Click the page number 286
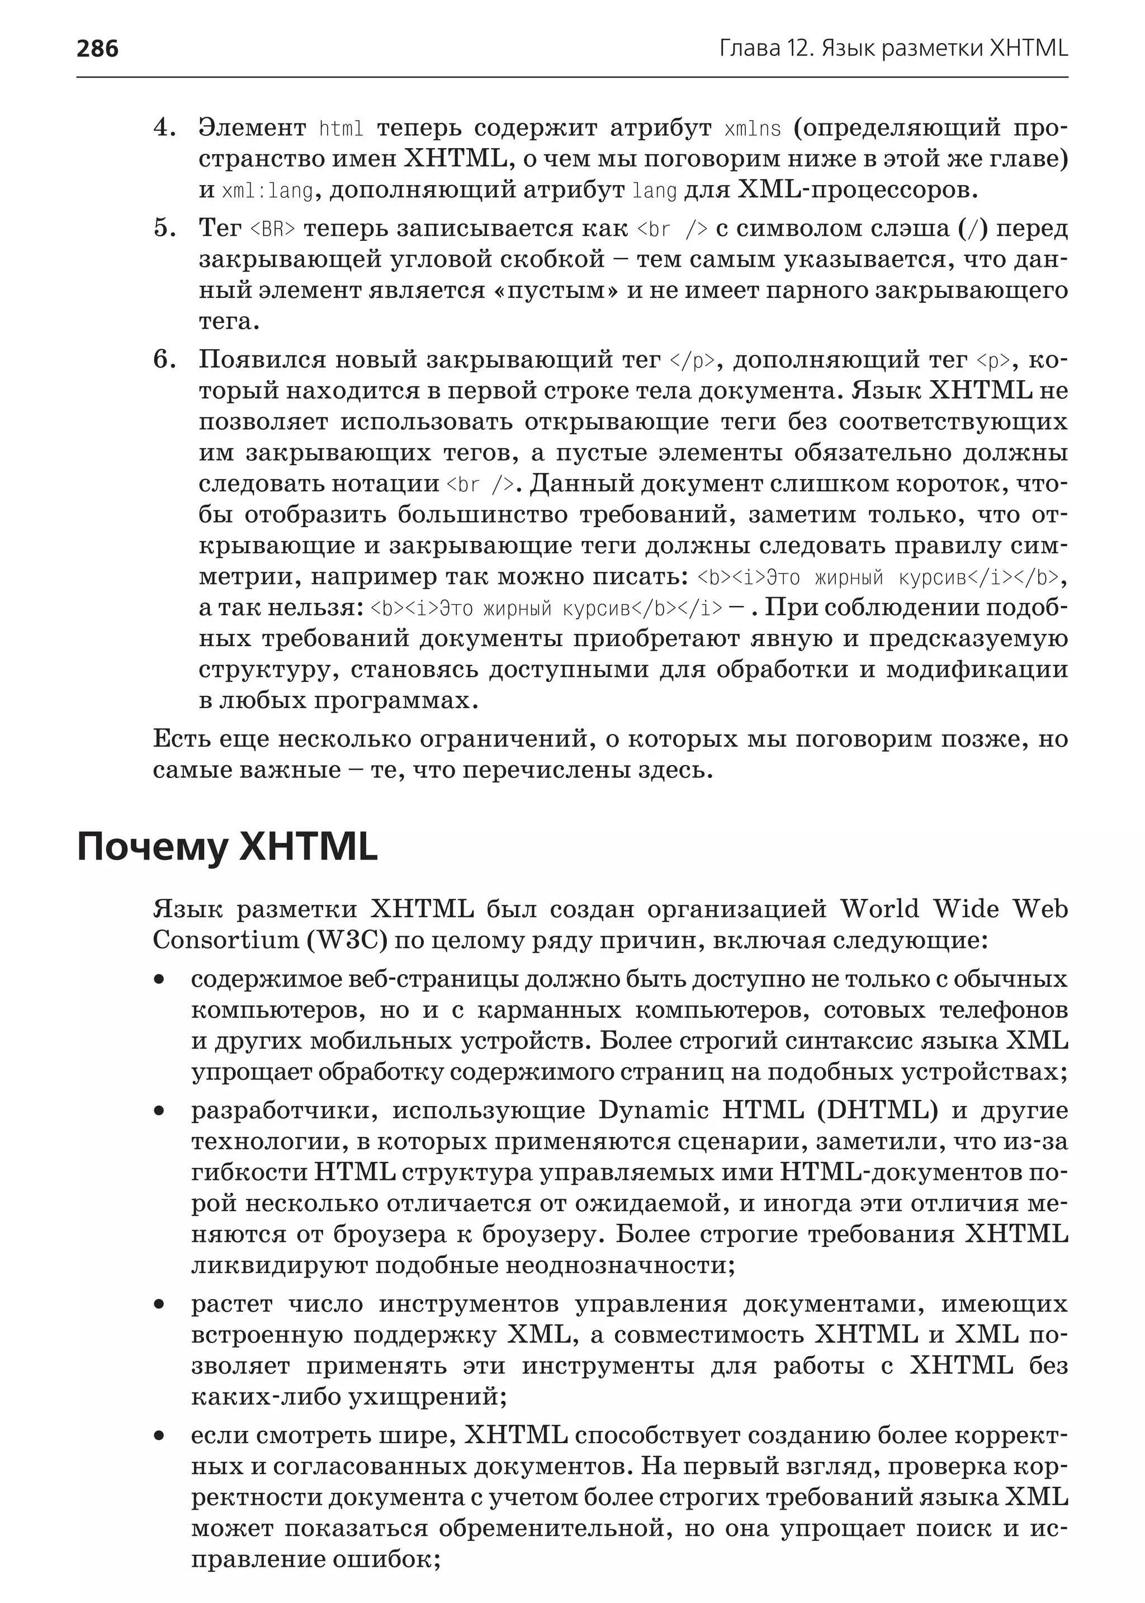point(97,49)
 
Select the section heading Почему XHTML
point(227,847)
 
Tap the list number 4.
point(164,129)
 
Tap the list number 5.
point(164,229)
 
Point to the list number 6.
point(164,359)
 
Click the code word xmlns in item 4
point(753,129)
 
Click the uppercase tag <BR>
point(273,229)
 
